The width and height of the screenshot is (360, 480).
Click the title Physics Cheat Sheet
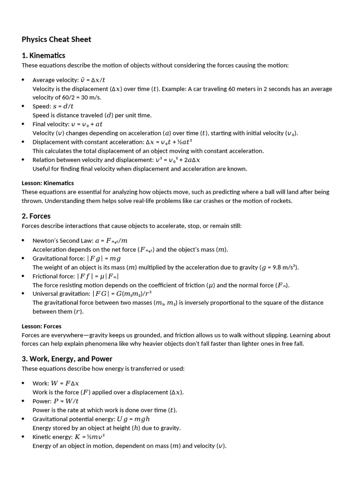56,39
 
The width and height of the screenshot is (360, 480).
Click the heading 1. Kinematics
43,55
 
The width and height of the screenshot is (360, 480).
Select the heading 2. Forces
36,216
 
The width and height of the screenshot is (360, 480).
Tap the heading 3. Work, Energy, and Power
67,359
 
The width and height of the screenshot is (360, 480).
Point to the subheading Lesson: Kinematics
48,183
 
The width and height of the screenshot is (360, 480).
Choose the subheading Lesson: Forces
41,326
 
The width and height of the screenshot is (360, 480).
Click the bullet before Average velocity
23,80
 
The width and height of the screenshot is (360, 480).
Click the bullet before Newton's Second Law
23,240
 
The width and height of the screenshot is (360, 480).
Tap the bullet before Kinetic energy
23,436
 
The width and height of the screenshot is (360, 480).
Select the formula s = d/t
63,106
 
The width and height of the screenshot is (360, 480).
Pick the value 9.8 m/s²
284,267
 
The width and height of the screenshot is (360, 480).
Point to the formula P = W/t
66,401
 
